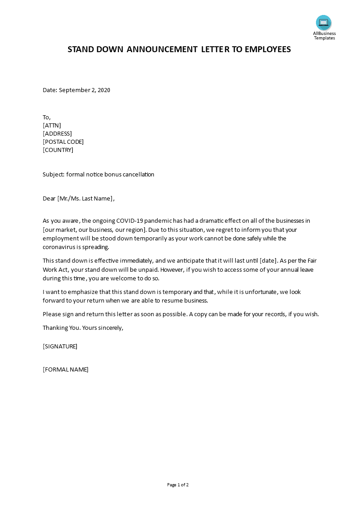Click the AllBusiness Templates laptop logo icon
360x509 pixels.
click(x=324, y=22)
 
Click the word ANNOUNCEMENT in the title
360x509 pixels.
click(x=162, y=49)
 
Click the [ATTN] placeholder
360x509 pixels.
click(x=52, y=125)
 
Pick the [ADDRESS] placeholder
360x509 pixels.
click(x=57, y=133)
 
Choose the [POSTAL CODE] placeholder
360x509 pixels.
click(x=63, y=142)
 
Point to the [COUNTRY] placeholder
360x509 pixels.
click(x=58, y=150)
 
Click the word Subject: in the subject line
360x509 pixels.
click(x=54, y=174)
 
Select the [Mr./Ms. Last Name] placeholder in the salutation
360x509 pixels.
click(x=85, y=198)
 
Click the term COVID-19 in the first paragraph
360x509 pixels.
click(x=132, y=221)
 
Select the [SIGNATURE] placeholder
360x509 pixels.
click(x=60, y=346)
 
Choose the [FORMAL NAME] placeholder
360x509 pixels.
click(x=65, y=369)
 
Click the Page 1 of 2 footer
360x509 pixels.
click(x=178, y=485)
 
